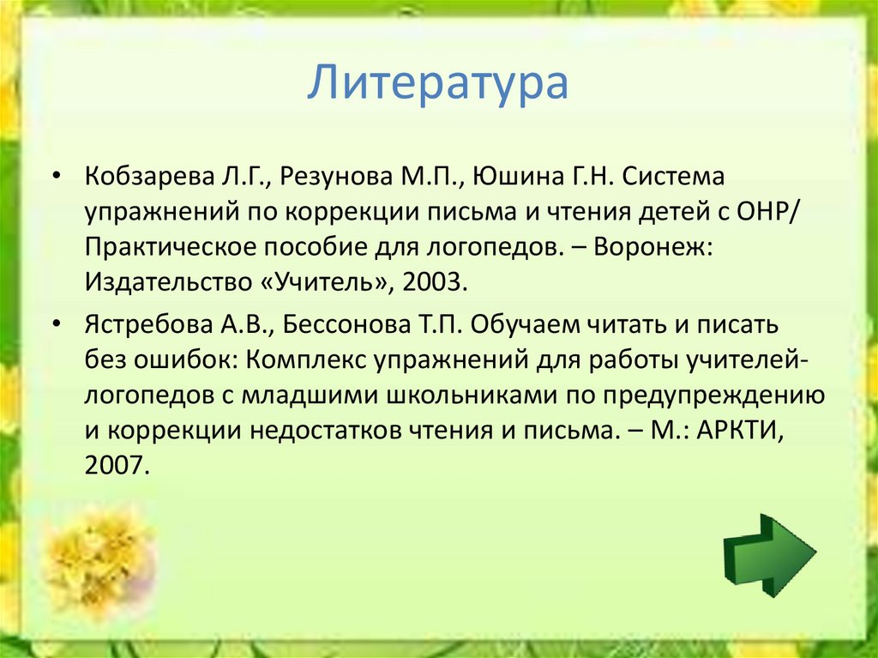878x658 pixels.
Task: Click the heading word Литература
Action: [438, 85]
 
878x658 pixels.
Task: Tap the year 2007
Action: [117, 467]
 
